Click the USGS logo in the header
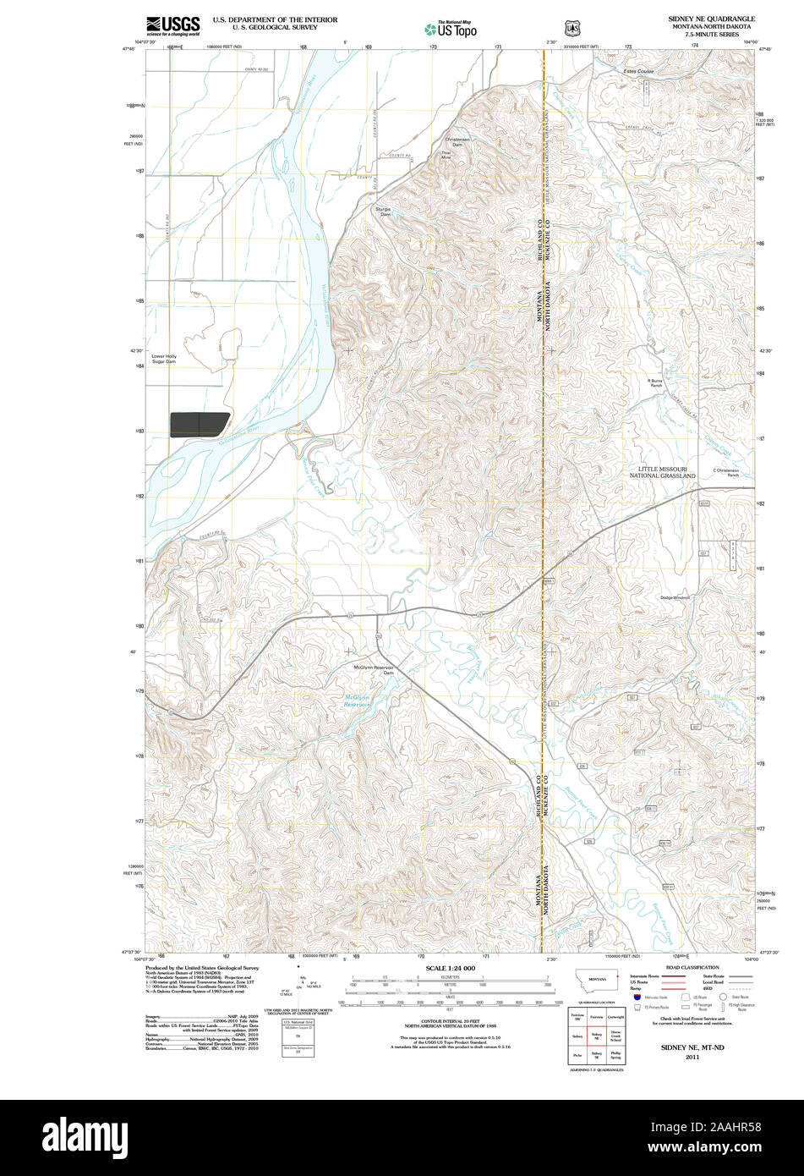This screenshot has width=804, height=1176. point(172,25)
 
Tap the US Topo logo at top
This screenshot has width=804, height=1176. point(450,28)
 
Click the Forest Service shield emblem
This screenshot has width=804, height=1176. point(572,27)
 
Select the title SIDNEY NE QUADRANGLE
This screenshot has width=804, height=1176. point(711,18)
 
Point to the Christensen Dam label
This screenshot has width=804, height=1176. point(457,141)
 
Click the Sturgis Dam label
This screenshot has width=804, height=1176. point(385,212)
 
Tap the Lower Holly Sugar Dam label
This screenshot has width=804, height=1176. point(163,359)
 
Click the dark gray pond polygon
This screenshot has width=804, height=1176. point(200,425)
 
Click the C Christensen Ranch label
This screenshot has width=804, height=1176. point(725,473)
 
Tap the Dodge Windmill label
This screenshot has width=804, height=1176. point(675,597)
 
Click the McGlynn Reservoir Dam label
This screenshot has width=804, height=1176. point(374,670)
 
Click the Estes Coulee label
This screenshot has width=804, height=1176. point(639,72)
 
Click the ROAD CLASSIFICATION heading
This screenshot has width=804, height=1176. point(692,967)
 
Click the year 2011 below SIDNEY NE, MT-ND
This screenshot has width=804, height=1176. point(692,1058)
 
